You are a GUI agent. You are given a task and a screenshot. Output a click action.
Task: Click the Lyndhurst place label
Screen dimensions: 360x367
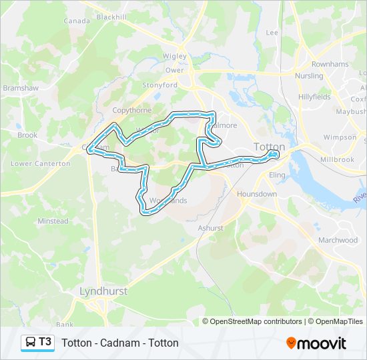pos(103,291)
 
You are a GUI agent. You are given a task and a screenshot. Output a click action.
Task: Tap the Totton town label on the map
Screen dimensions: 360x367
pos(270,147)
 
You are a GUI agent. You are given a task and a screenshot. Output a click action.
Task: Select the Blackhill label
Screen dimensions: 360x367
pos(112,17)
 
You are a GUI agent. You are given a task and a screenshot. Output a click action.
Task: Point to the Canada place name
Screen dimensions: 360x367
pos(76,21)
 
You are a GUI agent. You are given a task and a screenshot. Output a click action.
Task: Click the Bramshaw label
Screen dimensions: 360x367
pos(17,87)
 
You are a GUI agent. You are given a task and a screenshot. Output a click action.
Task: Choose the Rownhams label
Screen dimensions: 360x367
pos(330,65)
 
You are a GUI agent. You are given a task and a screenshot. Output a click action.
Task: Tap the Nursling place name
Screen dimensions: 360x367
pos(309,76)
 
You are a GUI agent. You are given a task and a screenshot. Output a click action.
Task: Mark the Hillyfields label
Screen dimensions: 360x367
pos(314,97)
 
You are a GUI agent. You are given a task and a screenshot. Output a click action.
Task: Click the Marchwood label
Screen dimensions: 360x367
pos(338,240)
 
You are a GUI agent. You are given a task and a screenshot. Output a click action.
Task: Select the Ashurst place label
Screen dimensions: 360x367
pos(211,228)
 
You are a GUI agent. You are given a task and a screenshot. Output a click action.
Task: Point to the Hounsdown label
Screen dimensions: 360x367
pos(257,194)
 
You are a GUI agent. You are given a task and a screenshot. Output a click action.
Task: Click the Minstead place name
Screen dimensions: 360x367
pos(53,221)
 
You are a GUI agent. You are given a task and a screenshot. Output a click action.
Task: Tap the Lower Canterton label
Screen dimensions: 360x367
pos(41,163)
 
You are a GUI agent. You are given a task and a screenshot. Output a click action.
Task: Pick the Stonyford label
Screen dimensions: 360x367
pos(160,85)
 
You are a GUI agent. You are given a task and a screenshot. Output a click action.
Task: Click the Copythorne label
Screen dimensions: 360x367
pos(133,110)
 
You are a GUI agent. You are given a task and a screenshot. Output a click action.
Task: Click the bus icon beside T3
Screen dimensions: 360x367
pos(30,342)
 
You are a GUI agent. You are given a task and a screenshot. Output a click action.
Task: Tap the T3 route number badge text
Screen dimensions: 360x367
pos(45,342)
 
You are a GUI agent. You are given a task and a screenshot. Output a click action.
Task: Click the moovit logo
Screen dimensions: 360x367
pos(316,343)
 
